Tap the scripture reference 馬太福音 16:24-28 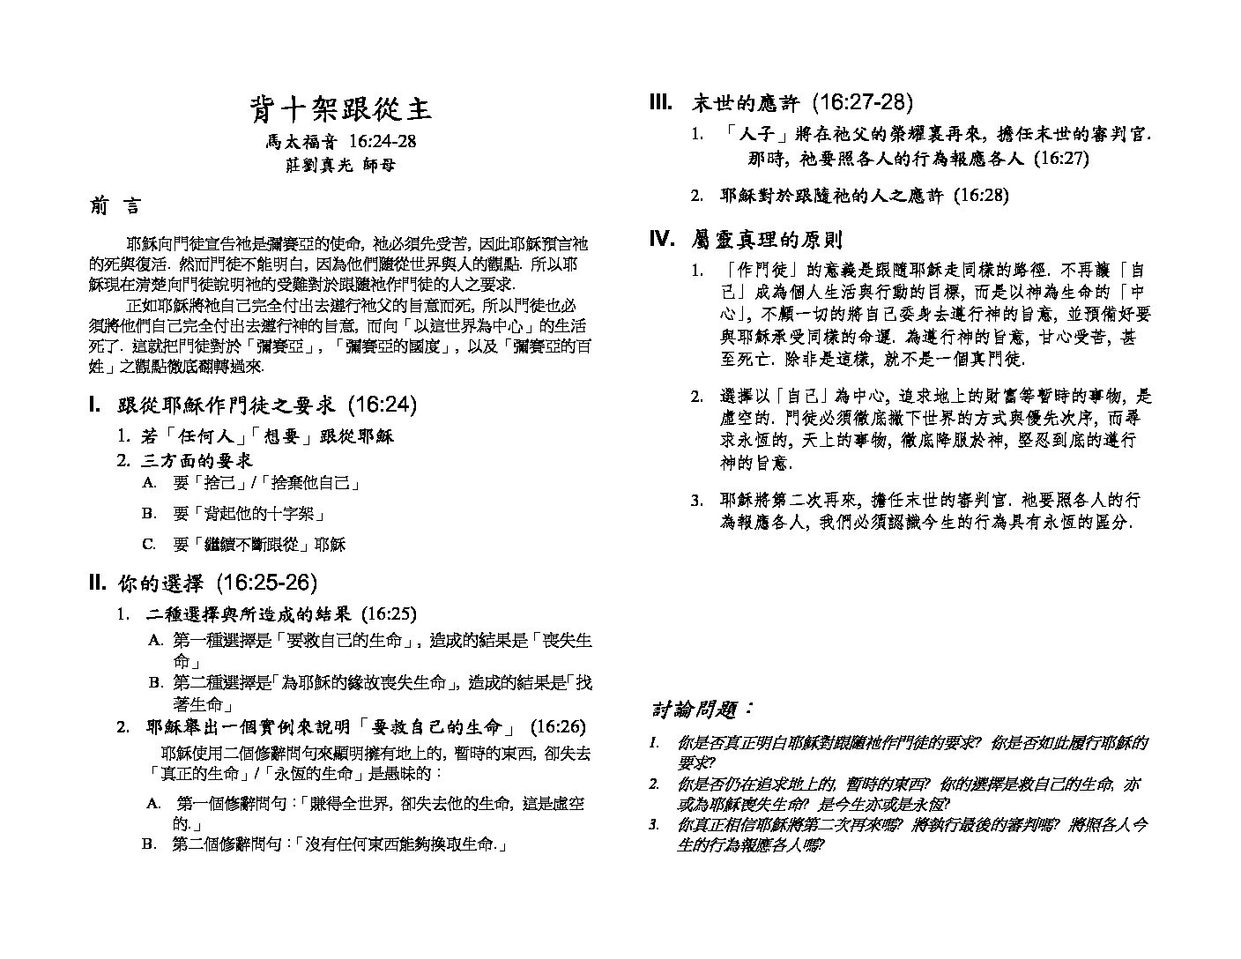(341, 141)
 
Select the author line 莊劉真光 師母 (341, 165)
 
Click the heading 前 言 (115, 206)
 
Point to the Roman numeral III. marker (661, 102)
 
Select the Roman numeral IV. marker (662, 238)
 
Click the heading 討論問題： (702, 708)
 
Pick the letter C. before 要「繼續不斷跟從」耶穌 (149, 544)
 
